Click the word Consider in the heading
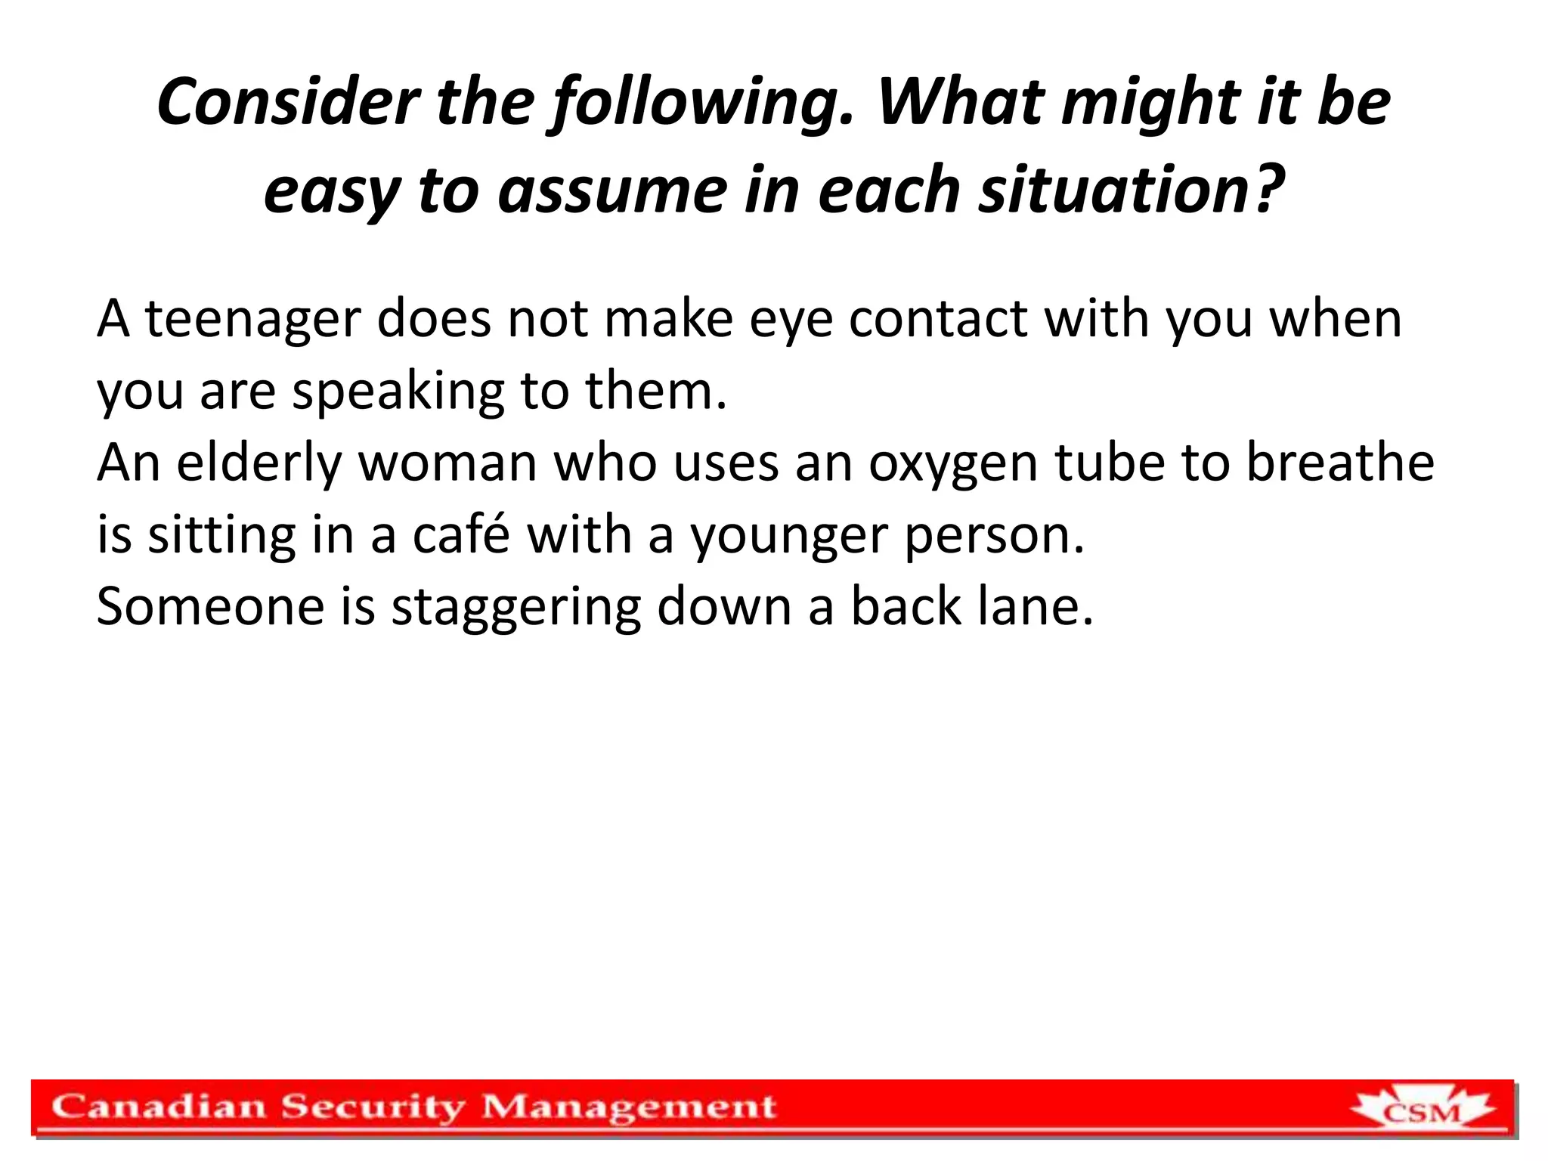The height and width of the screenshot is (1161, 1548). pyautogui.click(x=288, y=102)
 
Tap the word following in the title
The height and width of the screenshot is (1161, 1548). pyautogui.click(x=703, y=102)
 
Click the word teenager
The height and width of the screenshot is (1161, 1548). pyautogui.click(x=252, y=320)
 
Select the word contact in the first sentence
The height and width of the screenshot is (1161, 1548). pyautogui.click(x=937, y=318)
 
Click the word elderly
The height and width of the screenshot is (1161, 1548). pyautogui.click(x=259, y=463)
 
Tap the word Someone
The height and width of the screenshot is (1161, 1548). pyautogui.click(x=209, y=606)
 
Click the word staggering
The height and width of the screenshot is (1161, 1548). pyautogui.click(x=515, y=608)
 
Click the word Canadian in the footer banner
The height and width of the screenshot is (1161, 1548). pyautogui.click(x=159, y=1107)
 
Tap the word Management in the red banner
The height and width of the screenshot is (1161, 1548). pyautogui.click(x=629, y=1109)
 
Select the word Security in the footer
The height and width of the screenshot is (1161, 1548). pyautogui.click(x=373, y=1109)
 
